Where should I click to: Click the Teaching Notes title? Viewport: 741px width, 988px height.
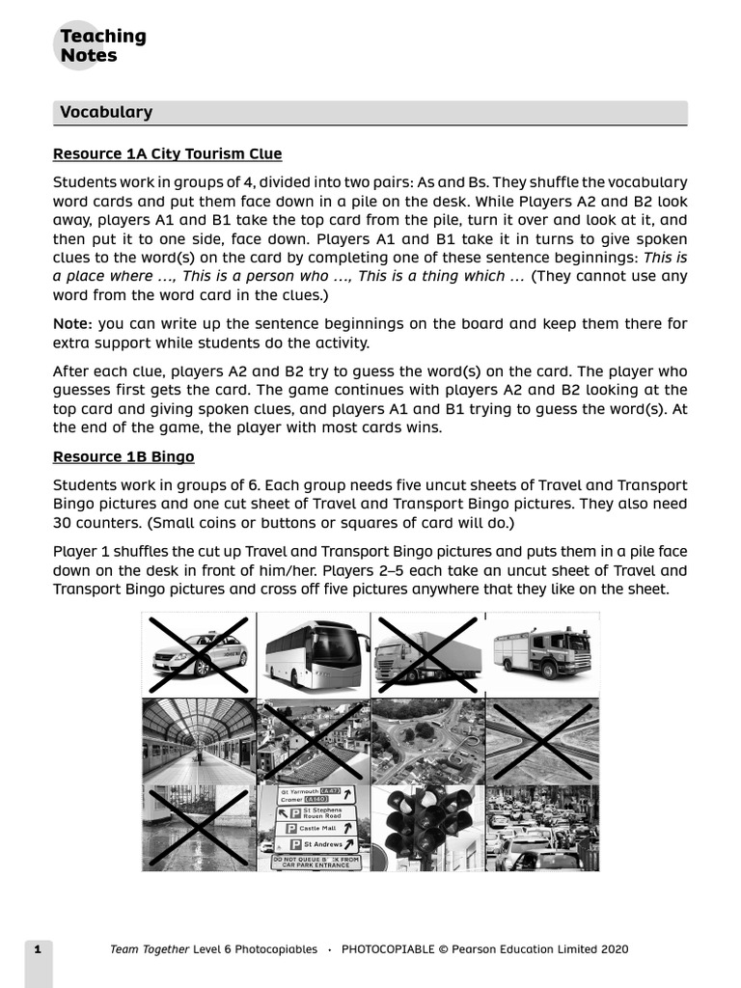(x=102, y=45)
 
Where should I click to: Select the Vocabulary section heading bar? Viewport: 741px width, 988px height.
(x=370, y=112)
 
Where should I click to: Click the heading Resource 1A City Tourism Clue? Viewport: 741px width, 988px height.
(x=167, y=154)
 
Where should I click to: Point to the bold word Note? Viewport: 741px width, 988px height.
(x=72, y=324)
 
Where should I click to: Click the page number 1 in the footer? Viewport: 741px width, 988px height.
(x=38, y=949)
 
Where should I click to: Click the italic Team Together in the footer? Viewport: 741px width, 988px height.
(x=149, y=949)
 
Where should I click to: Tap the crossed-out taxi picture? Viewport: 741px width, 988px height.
(x=199, y=653)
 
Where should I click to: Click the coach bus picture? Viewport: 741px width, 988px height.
(x=314, y=653)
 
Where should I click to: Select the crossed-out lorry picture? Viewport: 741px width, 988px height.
(x=427, y=653)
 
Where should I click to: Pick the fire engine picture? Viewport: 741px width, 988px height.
(x=541, y=652)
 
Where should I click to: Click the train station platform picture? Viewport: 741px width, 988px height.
(x=199, y=741)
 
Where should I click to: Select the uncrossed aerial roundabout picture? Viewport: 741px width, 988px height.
(x=427, y=741)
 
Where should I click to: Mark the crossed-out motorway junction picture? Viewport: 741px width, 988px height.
(x=541, y=741)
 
